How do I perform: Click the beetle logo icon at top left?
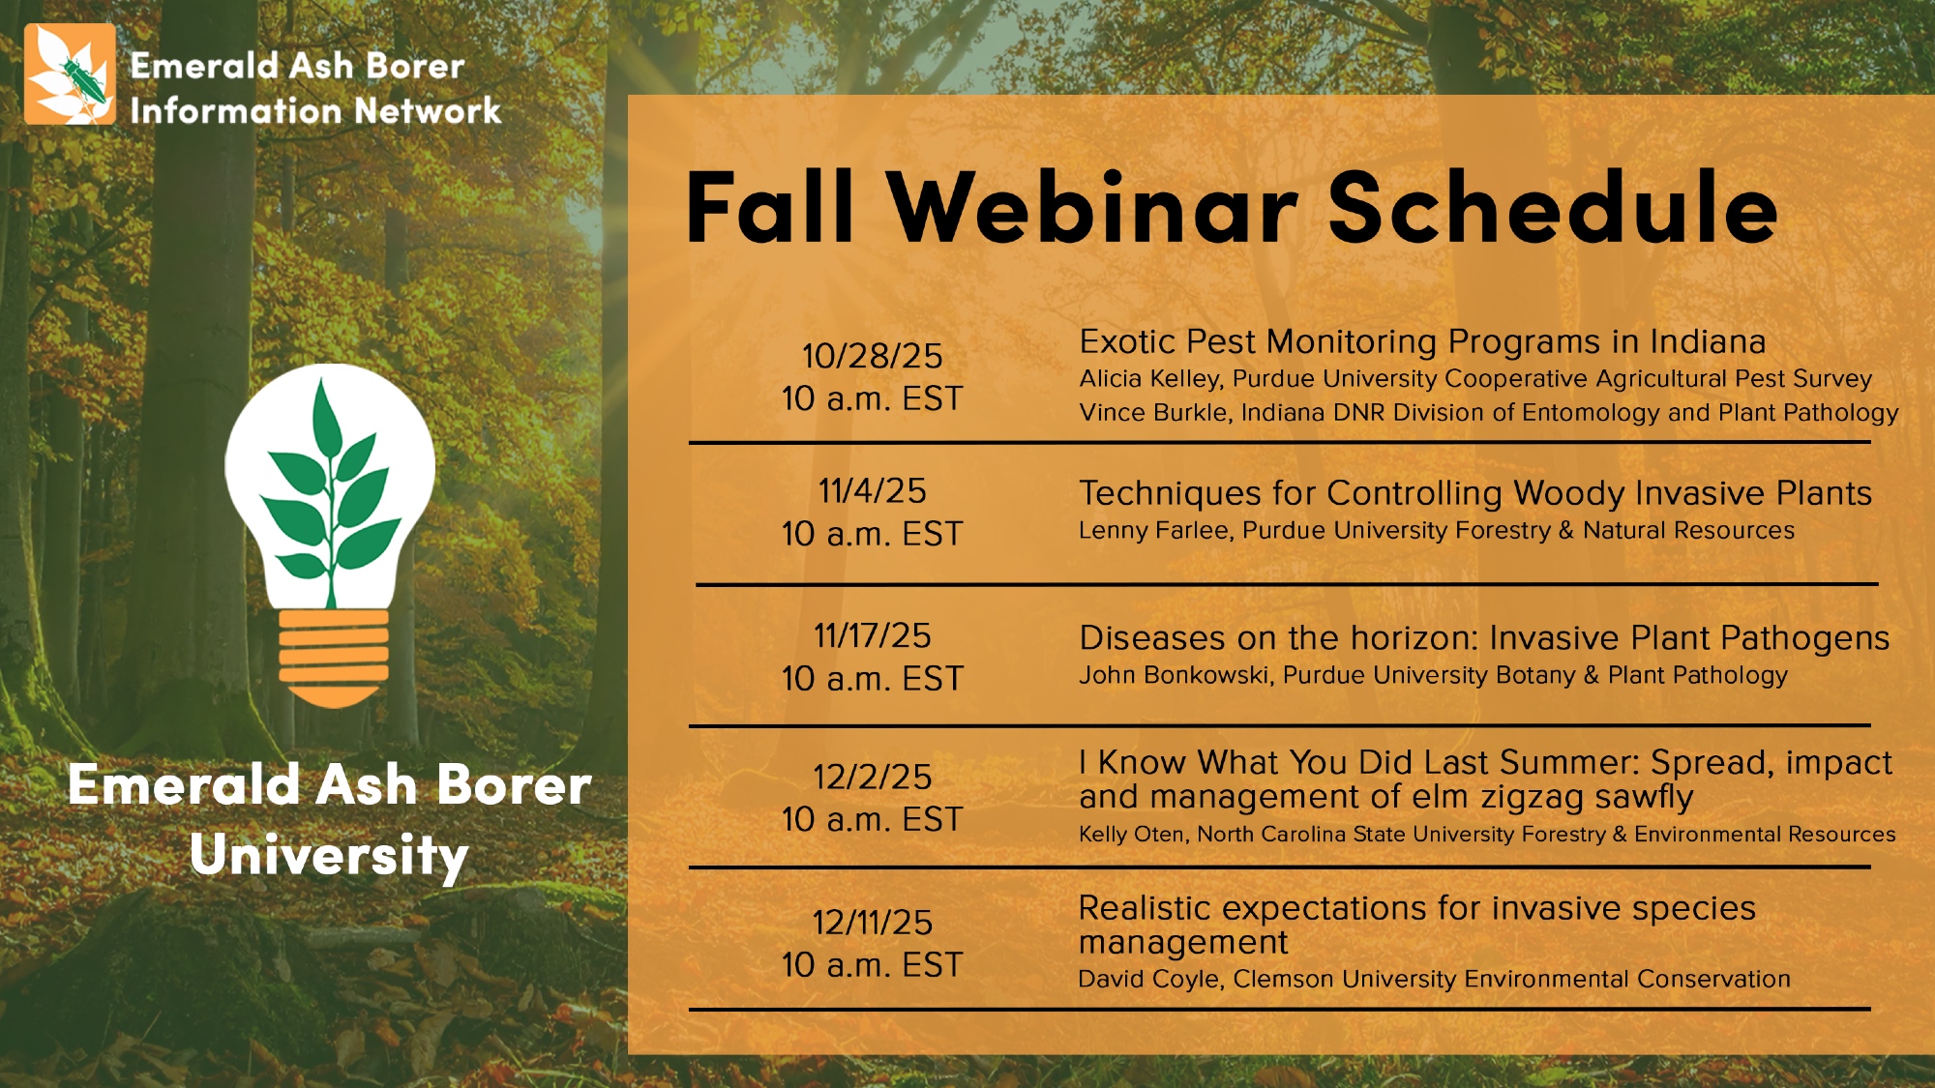pyautogui.click(x=71, y=74)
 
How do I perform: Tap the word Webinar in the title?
pyautogui.click(x=1092, y=208)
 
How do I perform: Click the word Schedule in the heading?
pyautogui.click(x=1553, y=207)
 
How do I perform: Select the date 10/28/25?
pyautogui.click(x=873, y=356)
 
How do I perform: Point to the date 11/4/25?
pyautogui.click(x=873, y=491)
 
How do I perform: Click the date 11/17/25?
pyautogui.click(x=873, y=636)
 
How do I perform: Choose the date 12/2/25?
pyautogui.click(x=873, y=778)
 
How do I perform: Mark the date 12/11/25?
pyautogui.click(x=873, y=923)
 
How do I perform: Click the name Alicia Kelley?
pyautogui.click(x=1150, y=379)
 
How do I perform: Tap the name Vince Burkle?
pyautogui.click(x=1155, y=413)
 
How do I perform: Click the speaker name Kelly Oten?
pyautogui.click(x=1133, y=835)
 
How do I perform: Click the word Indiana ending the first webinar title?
pyautogui.click(x=1708, y=341)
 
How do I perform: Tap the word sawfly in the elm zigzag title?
pyautogui.click(x=1645, y=798)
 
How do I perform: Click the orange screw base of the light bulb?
pyautogui.click(x=334, y=659)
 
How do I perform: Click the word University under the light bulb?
pyautogui.click(x=329, y=856)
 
